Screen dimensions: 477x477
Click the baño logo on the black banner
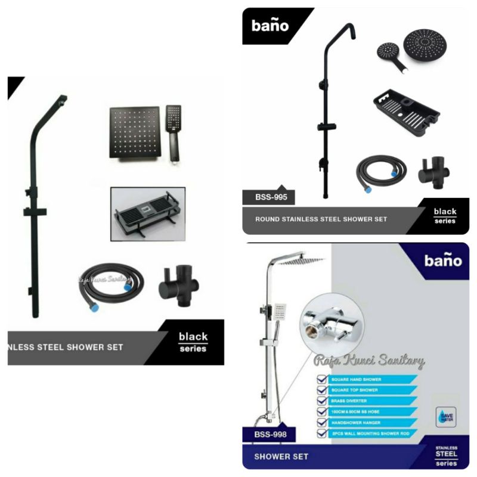point(270,26)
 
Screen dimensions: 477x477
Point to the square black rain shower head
point(134,132)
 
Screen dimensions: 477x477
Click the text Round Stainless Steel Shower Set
point(321,219)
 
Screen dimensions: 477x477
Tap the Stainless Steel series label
point(447,456)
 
